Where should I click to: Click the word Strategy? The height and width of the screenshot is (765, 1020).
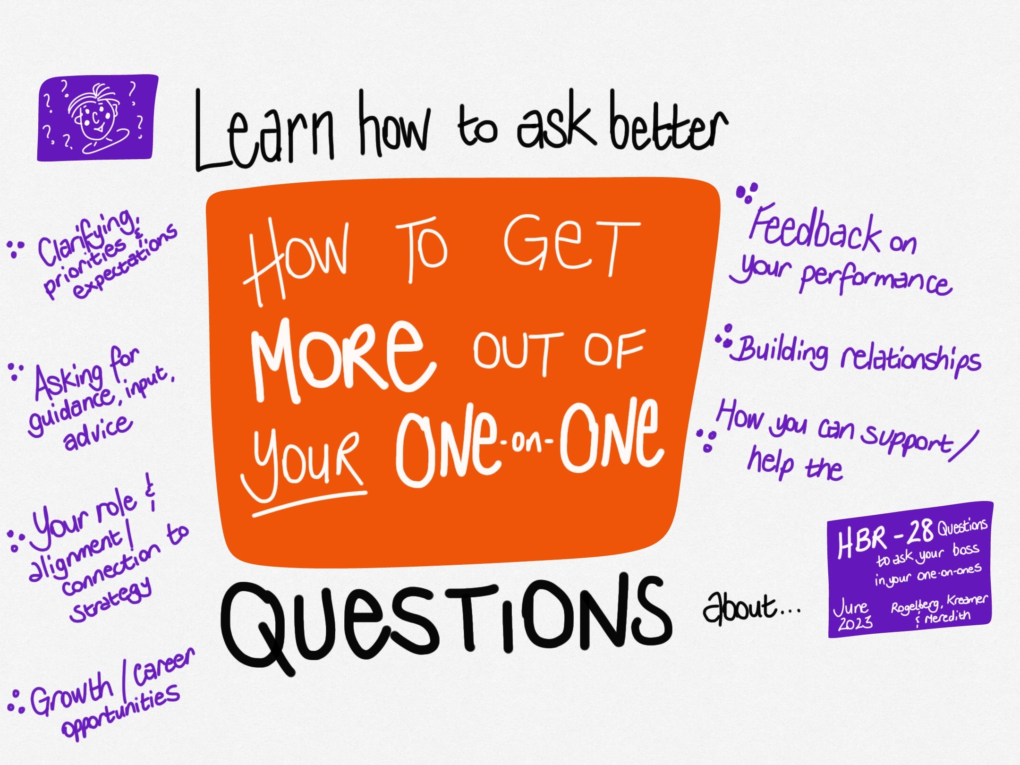[111, 600]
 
